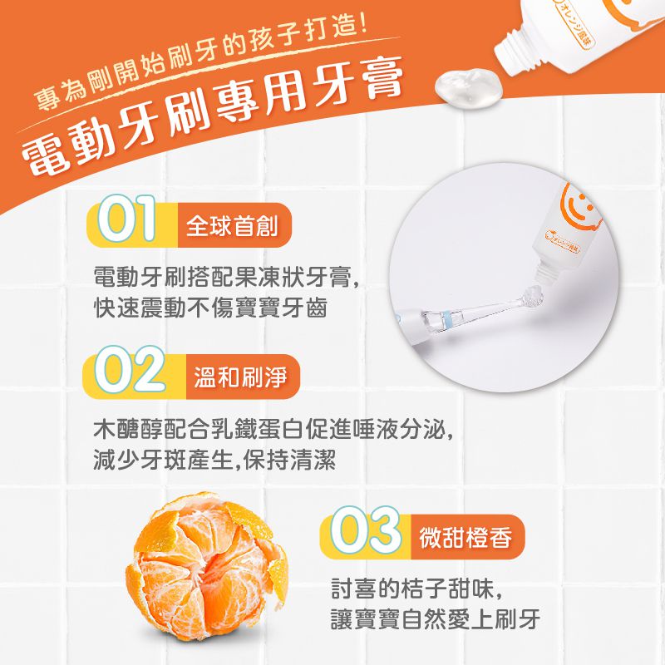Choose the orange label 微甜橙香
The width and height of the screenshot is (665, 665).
point(468,538)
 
